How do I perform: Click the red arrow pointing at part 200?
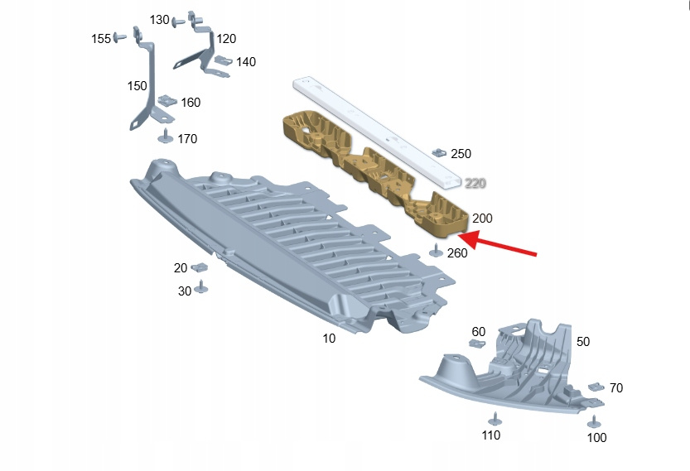click(497, 243)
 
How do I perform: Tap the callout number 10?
click(329, 339)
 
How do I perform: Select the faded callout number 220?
click(475, 183)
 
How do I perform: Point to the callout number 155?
click(101, 39)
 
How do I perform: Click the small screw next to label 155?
click(119, 37)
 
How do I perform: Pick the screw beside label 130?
click(178, 22)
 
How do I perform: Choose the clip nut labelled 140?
click(224, 60)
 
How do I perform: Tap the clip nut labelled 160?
click(167, 101)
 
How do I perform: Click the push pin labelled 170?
click(166, 136)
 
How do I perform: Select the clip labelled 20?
click(200, 267)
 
